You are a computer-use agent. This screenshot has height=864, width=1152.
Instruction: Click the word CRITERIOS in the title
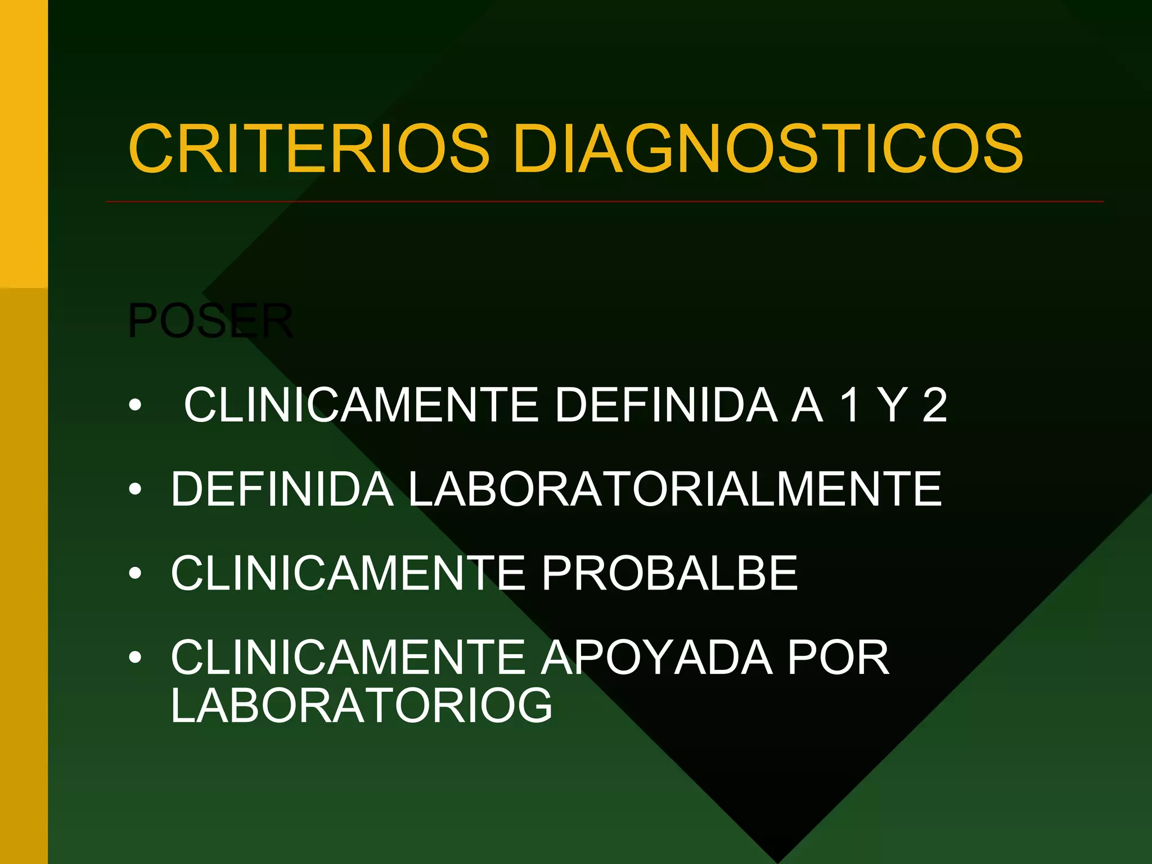point(309,149)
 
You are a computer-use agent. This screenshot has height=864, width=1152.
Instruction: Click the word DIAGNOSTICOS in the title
point(768,149)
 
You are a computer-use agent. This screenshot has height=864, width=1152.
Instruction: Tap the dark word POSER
point(210,321)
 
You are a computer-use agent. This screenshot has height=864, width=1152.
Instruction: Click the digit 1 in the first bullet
point(849,405)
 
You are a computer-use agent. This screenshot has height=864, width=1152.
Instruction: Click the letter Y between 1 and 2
point(892,405)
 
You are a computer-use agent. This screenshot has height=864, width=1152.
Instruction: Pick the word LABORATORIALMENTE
point(674,489)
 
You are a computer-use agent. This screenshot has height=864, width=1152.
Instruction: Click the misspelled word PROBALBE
point(669,573)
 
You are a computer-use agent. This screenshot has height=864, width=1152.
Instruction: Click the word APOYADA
point(657,657)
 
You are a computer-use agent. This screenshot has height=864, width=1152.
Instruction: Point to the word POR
point(838,657)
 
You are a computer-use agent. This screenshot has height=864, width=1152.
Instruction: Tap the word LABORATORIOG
point(362,705)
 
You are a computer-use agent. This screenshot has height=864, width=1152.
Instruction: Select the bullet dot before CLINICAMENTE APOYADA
point(135,658)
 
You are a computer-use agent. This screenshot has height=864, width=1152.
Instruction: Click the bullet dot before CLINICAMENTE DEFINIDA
point(135,406)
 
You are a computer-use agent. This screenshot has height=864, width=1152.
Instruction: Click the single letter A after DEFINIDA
point(808,405)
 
